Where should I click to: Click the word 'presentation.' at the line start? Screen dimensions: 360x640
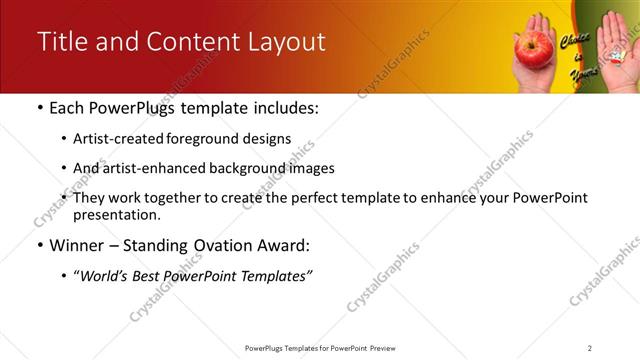pos(116,214)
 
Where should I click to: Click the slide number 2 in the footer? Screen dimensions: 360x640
pos(589,348)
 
